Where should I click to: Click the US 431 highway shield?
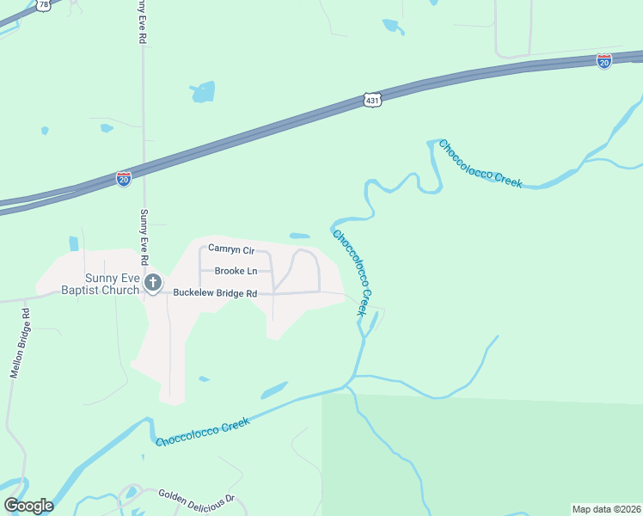click(x=370, y=101)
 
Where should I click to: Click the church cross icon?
click(x=153, y=282)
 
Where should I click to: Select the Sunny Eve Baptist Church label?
click(x=100, y=283)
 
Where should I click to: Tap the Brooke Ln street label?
click(x=236, y=271)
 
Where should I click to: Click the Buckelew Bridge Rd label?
click(x=215, y=293)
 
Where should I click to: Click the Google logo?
click(x=28, y=506)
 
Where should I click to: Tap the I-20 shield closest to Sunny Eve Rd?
click(x=124, y=179)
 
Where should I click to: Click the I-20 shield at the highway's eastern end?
click(x=603, y=61)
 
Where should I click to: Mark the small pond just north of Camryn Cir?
click(x=300, y=236)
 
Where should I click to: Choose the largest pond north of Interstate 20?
click(x=203, y=91)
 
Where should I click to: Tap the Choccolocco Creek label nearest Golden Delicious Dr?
click(x=203, y=431)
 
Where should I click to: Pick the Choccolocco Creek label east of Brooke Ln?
click(x=354, y=273)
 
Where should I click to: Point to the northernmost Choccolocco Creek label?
click(x=481, y=164)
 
